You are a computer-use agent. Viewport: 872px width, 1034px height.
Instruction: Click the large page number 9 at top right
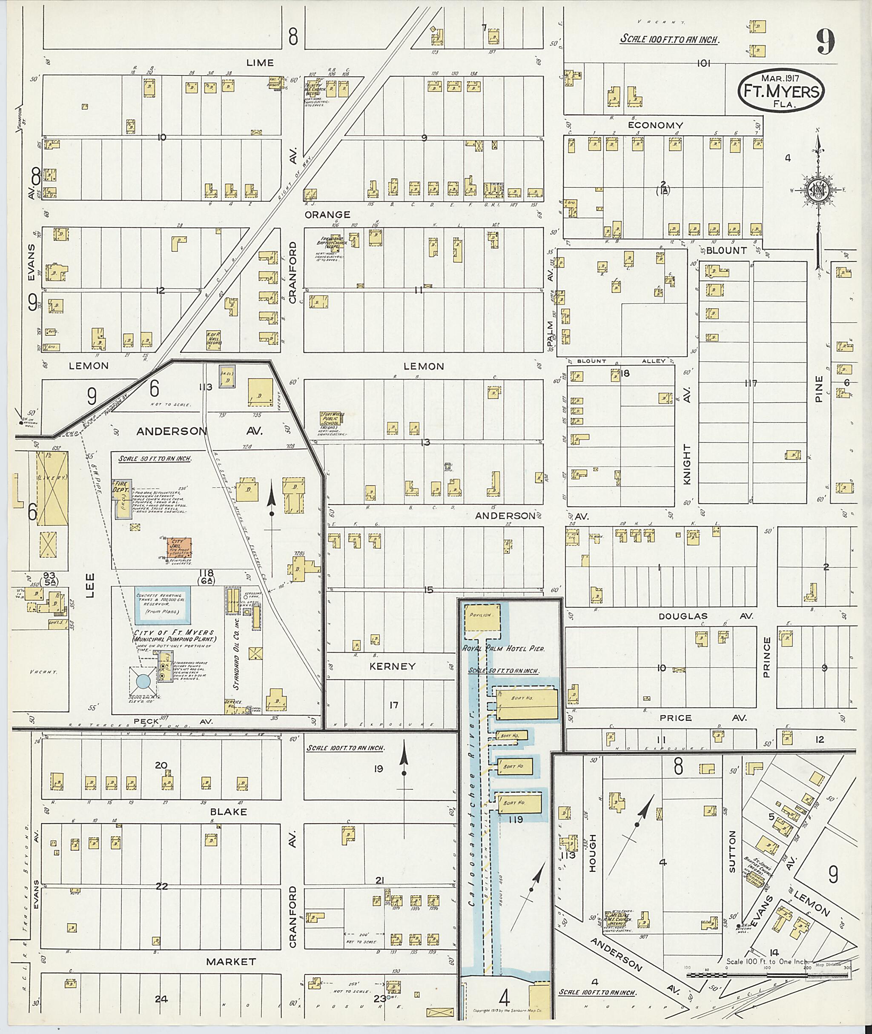(826, 43)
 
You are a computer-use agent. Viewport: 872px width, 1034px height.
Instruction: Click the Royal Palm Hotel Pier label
(503, 648)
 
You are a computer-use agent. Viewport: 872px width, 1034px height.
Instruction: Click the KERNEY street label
(393, 666)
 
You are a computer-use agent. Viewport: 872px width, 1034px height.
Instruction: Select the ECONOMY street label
(655, 125)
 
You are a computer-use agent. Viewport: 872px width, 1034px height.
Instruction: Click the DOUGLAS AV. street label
(706, 616)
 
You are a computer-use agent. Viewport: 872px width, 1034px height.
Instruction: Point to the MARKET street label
(231, 961)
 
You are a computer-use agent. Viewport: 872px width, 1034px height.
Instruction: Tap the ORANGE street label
(327, 215)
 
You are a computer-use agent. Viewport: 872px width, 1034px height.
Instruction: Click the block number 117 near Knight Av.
(750, 383)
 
